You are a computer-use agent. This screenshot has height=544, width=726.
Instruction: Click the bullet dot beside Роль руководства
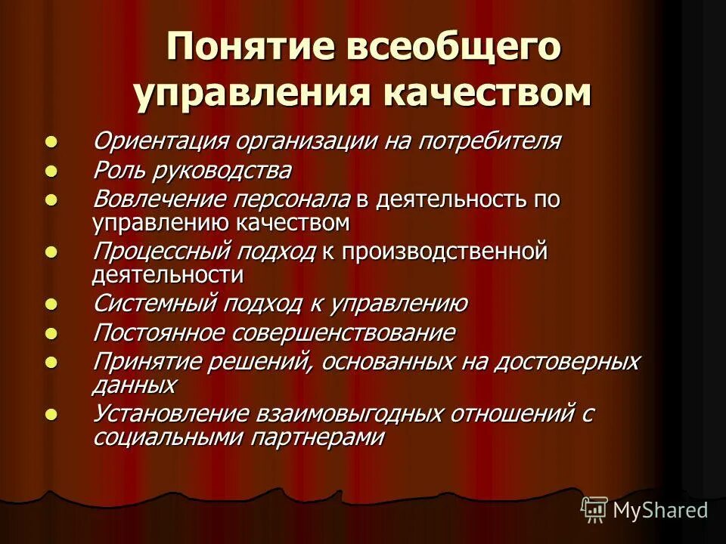point(51,170)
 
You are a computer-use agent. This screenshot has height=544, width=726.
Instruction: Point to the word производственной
point(443,251)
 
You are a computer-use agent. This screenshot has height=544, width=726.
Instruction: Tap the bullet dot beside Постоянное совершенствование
point(51,332)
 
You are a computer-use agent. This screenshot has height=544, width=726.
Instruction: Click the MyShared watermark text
point(660,510)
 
